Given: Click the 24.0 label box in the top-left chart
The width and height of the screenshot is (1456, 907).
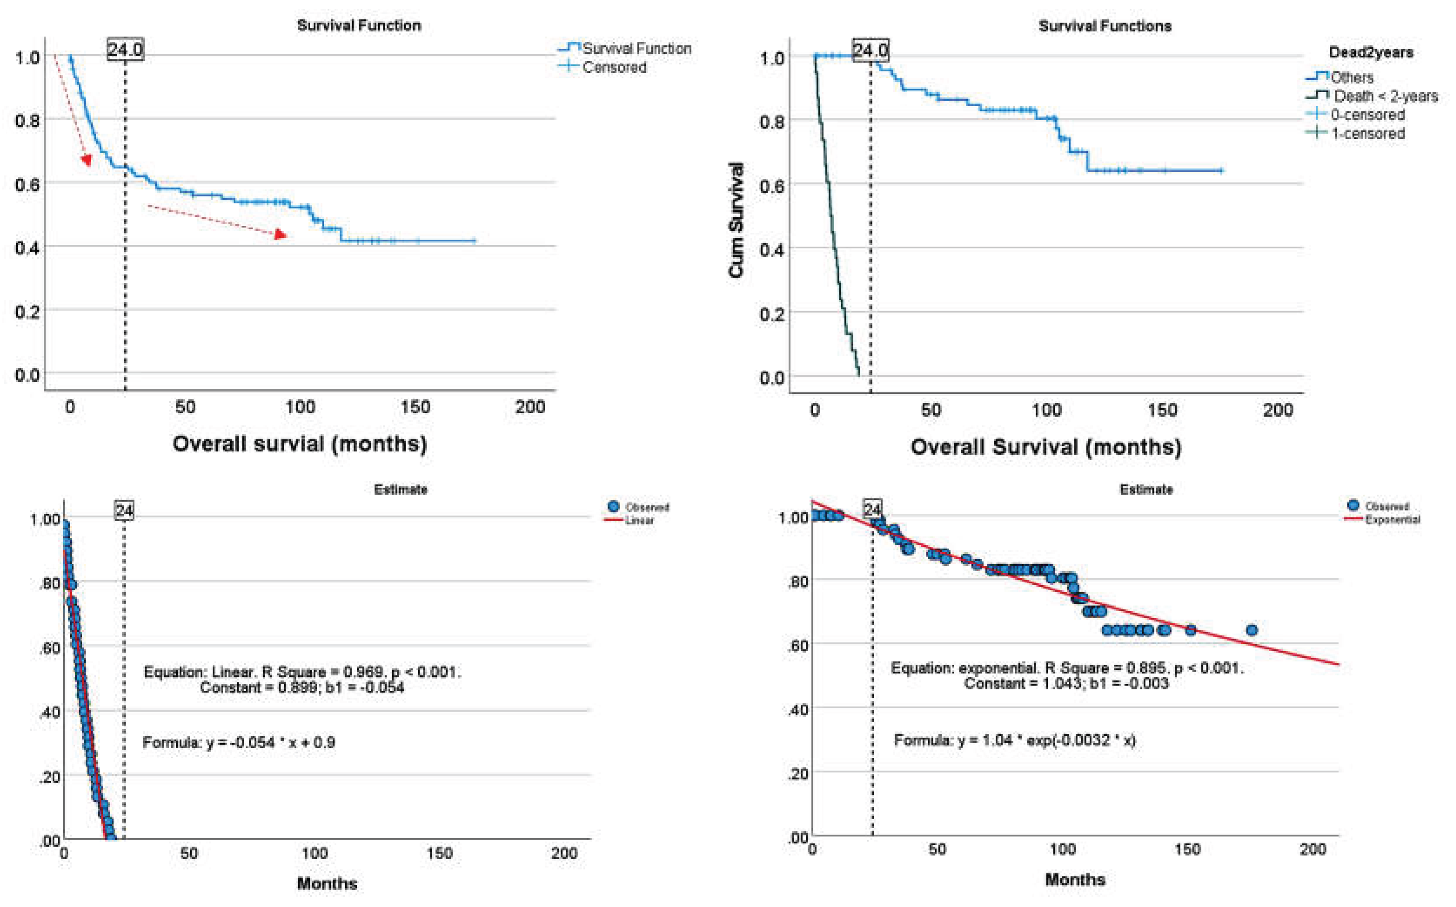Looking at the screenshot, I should pyautogui.click(x=125, y=49).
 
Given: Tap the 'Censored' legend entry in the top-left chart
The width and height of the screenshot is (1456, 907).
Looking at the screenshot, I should pyautogui.click(x=613, y=67).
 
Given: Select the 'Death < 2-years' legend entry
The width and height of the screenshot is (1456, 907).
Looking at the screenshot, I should pyautogui.click(x=1385, y=96).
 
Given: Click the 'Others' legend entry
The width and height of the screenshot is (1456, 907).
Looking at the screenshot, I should pyautogui.click(x=1351, y=77).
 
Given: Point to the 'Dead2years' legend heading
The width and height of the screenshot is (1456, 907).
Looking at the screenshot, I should pyautogui.click(x=1371, y=53).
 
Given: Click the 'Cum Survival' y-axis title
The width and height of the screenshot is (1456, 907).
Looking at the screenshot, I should pyautogui.click(x=736, y=220).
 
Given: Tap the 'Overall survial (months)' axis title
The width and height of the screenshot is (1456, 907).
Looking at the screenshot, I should pyautogui.click(x=299, y=444).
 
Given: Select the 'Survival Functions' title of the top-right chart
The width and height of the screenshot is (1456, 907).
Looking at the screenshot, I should pyautogui.click(x=1104, y=26).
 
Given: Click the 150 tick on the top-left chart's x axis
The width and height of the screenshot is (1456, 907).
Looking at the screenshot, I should pyautogui.click(x=415, y=407).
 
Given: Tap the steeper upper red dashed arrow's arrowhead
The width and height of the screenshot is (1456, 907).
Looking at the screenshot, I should pyautogui.click(x=87, y=160).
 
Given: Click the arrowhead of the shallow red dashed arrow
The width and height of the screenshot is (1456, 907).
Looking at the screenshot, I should pyautogui.click(x=280, y=234).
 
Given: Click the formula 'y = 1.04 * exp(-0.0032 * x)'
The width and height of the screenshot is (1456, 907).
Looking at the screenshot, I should pyautogui.click(x=1046, y=740).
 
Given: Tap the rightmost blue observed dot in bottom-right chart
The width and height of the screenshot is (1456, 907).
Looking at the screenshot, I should pyautogui.click(x=1251, y=630).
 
